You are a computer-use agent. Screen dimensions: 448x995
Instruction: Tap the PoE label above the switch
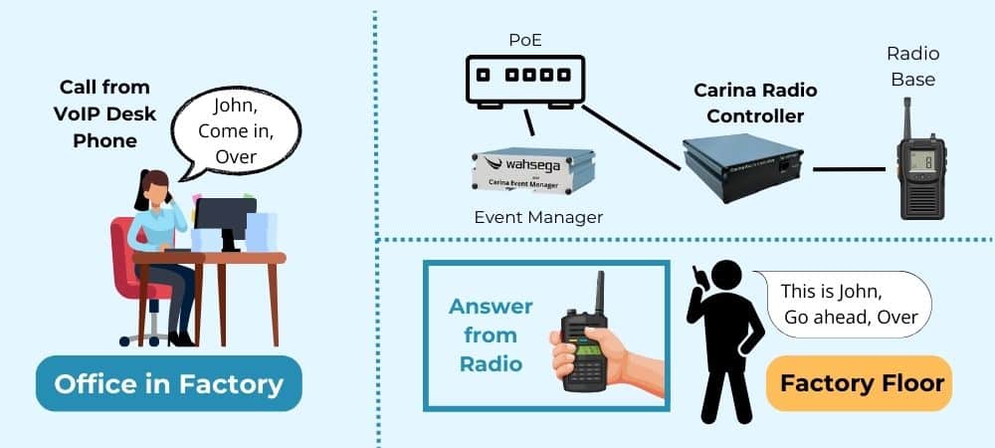pyautogui.click(x=523, y=38)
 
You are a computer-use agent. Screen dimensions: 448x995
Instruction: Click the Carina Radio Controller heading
pyautogui.click(x=755, y=103)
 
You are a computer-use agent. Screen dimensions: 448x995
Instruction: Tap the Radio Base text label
pyautogui.click(x=913, y=66)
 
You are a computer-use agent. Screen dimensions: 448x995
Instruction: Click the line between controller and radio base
pyautogui.click(x=849, y=169)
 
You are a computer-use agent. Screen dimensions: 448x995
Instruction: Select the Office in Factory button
pyautogui.click(x=168, y=383)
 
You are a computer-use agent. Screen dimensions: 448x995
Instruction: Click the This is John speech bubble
pyautogui.click(x=848, y=305)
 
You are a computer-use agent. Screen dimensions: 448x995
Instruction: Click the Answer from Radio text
pyautogui.click(x=491, y=335)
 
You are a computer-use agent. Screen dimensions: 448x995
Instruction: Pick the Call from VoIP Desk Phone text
pyautogui.click(x=105, y=113)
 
